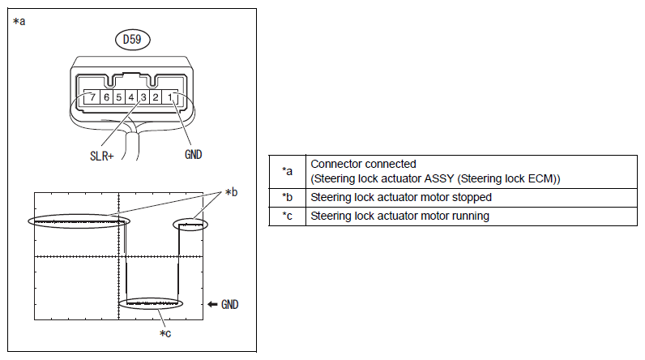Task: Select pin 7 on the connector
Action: tap(94, 98)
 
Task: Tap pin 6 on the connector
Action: tap(106, 98)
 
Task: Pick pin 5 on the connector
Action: tap(118, 98)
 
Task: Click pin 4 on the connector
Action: tap(130, 98)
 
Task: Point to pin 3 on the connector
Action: tap(143, 98)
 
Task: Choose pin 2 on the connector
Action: tap(155, 98)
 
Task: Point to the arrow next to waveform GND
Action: tap(213, 304)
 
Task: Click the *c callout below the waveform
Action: tap(164, 333)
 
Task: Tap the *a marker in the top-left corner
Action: tap(19, 22)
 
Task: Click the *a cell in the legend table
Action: tap(287, 171)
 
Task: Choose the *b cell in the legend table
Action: tap(287, 197)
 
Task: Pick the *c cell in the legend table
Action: tap(287, 216)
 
